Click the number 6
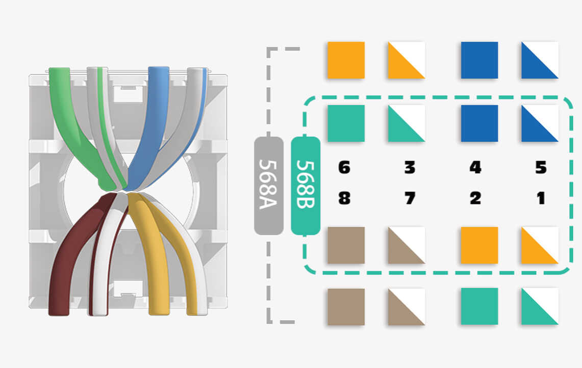(x=345, y=168)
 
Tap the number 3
(x=410, y=168)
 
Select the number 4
(x=475, y=168)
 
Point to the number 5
(x=541, y=168)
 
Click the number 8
(x=345, y=198)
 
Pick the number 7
(x=410, y=198)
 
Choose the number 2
(x=475, y=198)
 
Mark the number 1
(x=541, y=198)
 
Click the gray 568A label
(x=269, y=186)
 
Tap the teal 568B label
(x=306, y=186)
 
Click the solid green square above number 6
(x=346, y=123)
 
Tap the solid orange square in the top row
(x=346, y=60)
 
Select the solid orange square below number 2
(x=479, y=245)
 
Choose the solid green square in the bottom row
(x=479, y=306)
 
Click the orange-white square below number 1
(x=540, y=245)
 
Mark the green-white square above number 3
(x=406, y=123)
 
